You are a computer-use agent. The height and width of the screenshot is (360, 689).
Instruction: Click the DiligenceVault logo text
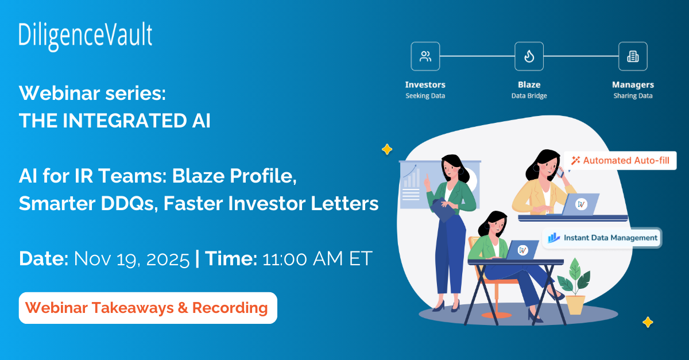click(86, 36)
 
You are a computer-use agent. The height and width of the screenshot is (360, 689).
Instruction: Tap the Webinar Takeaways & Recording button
click(148, 308)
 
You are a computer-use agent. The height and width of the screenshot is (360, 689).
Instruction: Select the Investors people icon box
click(425, 56)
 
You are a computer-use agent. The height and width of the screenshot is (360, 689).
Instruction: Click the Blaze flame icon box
click(529, 56)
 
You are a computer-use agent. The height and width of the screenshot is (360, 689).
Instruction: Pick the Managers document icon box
click(633, 56)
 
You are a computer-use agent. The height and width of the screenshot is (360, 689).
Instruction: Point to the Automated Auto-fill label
click(620, 160)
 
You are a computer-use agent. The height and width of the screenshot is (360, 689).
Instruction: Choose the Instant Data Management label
click(602, 237)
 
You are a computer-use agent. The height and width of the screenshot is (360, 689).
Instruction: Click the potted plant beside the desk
click(574, 287)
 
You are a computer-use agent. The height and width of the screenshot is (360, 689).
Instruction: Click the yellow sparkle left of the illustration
click(387, 150)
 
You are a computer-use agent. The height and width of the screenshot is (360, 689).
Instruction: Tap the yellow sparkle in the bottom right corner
click(648, 322)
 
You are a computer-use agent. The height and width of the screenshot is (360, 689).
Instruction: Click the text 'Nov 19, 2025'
click(131, 258)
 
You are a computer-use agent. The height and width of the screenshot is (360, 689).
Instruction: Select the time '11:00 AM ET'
click(318, 258)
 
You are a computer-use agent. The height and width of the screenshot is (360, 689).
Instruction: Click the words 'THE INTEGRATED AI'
click(115, 121)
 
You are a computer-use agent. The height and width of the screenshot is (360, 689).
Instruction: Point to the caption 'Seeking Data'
click(425, 96)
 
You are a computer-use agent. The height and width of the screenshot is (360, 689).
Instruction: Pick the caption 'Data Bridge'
click(529, 96)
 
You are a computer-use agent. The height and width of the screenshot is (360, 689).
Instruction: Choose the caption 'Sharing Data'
click(633, 96)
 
